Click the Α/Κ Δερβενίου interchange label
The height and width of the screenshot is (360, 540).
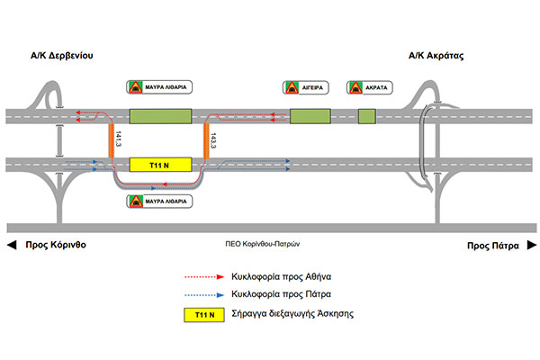[x=62, y=55]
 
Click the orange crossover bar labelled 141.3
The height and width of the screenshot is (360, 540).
[x=112, y=141]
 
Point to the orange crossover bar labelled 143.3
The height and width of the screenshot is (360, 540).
[x=207, y=141]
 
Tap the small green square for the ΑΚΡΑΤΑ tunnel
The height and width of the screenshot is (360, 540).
[x=366, y=116]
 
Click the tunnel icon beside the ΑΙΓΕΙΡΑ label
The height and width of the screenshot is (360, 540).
[x=292, y=87]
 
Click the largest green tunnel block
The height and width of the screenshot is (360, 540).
[x=161, y=116]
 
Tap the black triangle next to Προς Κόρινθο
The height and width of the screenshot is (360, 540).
[x=12, y=244]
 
